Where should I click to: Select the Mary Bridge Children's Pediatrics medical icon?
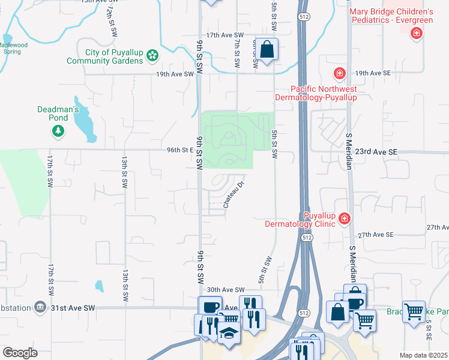coord(415,33)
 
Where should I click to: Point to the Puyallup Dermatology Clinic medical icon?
coord(344,218)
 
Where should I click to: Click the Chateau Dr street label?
coord(235,195)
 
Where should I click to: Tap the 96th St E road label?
coord(179,151)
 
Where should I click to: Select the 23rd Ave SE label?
coord(376,152)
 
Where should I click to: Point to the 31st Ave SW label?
coord(73,308)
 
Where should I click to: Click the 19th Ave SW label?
coord(175,74)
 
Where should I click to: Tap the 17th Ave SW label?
coord(223,36)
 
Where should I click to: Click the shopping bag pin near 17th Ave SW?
coord(268,49)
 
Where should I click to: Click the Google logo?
coord(20,353)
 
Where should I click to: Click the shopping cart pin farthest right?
coord(414,311)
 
